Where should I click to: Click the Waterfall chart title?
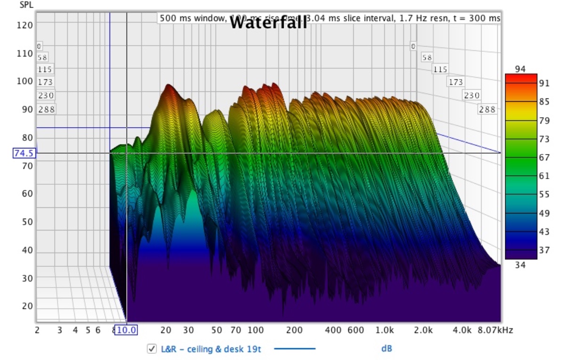point(268,23)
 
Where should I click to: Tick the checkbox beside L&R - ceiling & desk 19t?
point(152,349)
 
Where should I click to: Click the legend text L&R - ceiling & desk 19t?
point(211,349)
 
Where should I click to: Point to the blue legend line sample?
point(295,349)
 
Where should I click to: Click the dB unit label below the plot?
point(387,349)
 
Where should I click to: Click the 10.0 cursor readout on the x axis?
point(127,330)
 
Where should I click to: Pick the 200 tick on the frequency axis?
point(294,330)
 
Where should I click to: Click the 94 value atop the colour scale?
point(520,69)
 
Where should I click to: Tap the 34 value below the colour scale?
point(520,265)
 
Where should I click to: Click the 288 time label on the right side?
point(487,109)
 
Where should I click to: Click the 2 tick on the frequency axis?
point(37,330)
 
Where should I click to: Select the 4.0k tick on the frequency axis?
point(461,330)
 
